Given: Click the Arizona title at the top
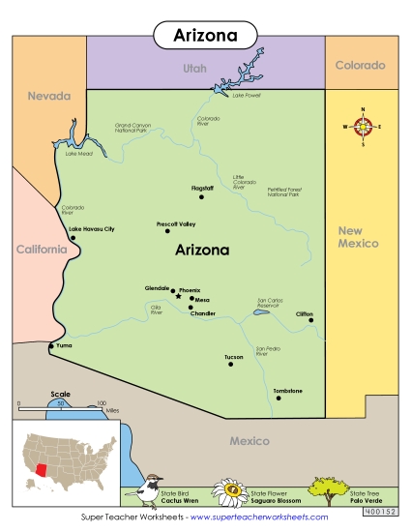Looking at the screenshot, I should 205,34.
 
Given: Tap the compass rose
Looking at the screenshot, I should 364,126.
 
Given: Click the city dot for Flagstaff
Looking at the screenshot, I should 202,196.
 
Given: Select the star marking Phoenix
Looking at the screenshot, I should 178,297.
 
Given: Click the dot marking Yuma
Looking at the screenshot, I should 51,345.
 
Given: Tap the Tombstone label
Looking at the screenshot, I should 288,390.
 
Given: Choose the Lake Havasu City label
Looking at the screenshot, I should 92,228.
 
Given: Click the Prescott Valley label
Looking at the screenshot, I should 176,223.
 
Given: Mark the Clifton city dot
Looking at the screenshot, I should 311,320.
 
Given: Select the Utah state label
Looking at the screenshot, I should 195,68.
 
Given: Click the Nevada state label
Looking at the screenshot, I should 49,96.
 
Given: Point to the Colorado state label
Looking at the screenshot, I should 361,66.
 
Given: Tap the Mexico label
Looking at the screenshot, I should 249,441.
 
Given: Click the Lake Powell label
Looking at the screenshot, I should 246,96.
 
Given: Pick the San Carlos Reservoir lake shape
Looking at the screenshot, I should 259,312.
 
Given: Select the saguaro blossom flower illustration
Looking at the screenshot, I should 231,492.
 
